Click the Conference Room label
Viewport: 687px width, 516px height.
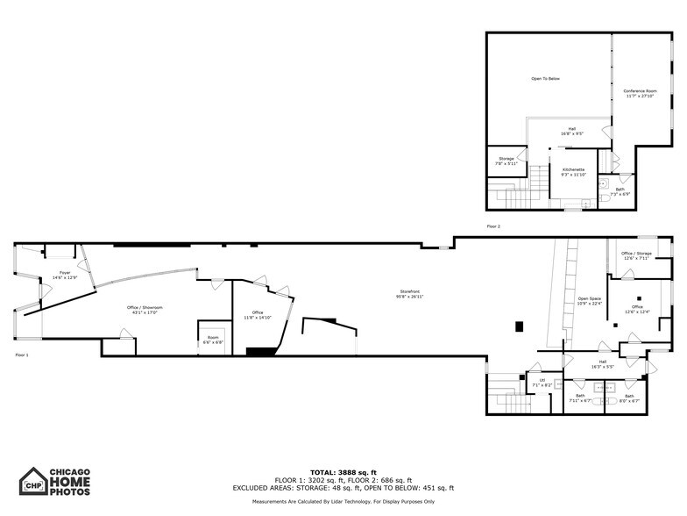pyautogui.click(x=640, y=93)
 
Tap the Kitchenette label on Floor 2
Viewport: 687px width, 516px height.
pyautogui.click(x=574, y=171)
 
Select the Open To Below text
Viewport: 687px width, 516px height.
pyautogui.click(x=545, y=79)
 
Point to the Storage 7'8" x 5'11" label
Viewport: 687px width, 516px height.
pyautogui.click(x=506, y=161)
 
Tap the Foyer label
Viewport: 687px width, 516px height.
pyautogui.click(x=65, y=275)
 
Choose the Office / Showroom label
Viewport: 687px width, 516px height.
pyautogui.click(x=147, y=309)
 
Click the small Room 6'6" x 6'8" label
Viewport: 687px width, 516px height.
pyautogui.click(x=213, y=339)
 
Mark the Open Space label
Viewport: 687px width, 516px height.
pyautogui.click(x=589, y=301)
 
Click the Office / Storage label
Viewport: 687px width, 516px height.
pyautogui.click(x=636, y=255)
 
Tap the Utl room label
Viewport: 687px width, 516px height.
pyautogui.click(x=542, y=382)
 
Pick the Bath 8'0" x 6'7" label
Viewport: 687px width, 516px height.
pyautogui.click(x=629, y=398)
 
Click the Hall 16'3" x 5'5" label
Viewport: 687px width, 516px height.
pyautogui.click(x=602, y=363)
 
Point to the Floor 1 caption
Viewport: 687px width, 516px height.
pyautogui.click(x=22, y=355)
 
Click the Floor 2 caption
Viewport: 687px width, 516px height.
pyautogui.click(x=493, y=226)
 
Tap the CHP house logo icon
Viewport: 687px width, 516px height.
pyautogui.click(x=33, y=482)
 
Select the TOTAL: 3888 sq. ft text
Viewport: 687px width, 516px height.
pyautogui.click(x=343, y=473)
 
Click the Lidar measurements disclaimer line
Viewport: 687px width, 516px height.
pyautogui.click(x=343, y=501)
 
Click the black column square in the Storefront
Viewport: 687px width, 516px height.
pyautogui.click(x=519, y=326)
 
